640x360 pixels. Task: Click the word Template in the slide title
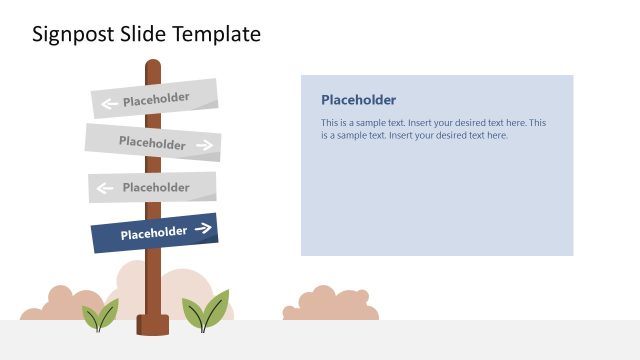[x=216, y=34]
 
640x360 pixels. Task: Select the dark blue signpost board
[x=154, y=233]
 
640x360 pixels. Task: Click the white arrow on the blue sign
[x=203, y=229]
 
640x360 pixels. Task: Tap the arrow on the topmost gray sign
[x=109, y=102]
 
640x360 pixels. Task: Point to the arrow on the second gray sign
[x=205, y=145]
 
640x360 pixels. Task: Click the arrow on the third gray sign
[x=105, y=187]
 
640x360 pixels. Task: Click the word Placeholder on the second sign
[x=152, y=142]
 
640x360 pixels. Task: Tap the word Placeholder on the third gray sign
[x=156, y=187]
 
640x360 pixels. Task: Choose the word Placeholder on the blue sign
[x=154, y=234]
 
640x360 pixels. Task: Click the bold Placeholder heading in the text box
[x=358, y=100]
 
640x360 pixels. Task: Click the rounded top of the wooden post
[x=153, y=66]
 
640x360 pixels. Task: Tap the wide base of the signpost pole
[x=153, y=326]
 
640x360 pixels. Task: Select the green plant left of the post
[x=99, y=316]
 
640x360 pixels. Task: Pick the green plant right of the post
[x=206, y=311]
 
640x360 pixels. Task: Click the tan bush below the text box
[x=329, y=305]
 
